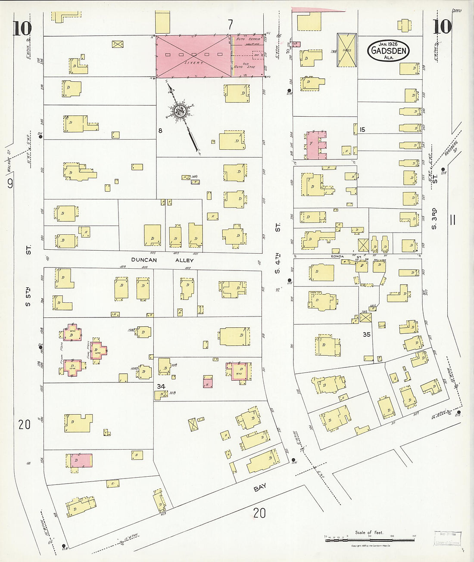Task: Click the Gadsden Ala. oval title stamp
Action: tap(388, 50)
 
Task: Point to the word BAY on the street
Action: tap(260, 487)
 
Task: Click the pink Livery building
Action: tap(193, 56)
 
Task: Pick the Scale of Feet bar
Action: tap(370, 537)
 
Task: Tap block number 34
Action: tap(161, 386)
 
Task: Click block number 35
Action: tap(367, 334)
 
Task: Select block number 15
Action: tap(362, 130)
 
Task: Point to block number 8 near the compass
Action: tap(160, 130)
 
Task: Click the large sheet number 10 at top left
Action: tap(22, 28)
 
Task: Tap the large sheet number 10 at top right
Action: tap(443, 27)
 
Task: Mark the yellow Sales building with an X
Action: tap(346, 50)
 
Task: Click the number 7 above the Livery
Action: tap(230, 24)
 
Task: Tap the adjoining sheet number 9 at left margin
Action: tap(10, 183)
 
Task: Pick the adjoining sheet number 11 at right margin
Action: tap(452, 220)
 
